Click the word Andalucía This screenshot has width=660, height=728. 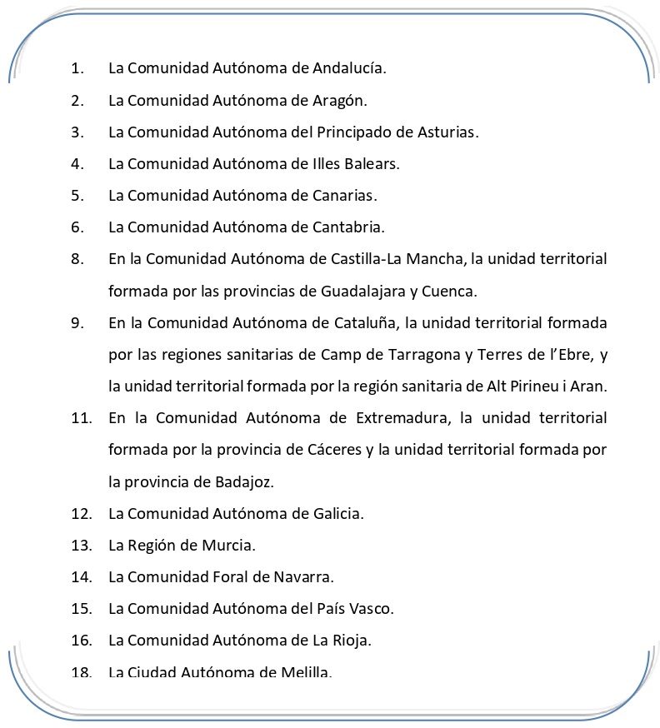point(348,68)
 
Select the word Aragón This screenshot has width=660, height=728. point(339,100)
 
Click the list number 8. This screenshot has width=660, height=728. point(77,259)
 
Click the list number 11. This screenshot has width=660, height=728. point(81,418)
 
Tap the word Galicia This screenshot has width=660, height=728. point(337,513)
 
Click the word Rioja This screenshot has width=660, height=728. point(350,640)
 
